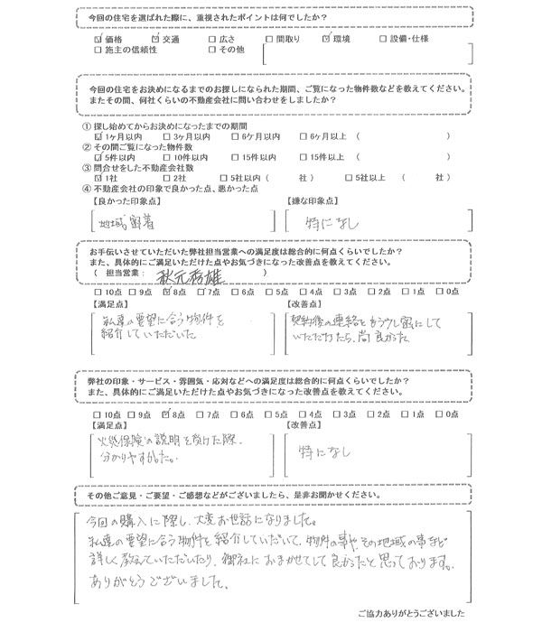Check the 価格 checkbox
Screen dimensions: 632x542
98,40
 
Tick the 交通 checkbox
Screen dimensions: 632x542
156,40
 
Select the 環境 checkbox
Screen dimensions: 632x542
327,40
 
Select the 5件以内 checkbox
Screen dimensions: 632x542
98,157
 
